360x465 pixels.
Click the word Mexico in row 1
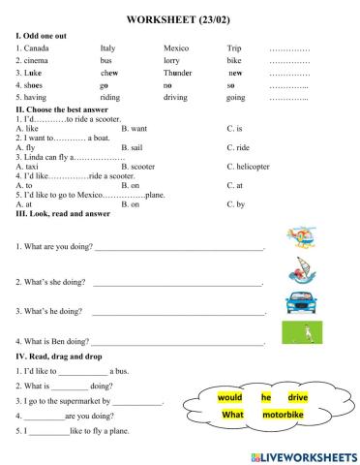[x=176, y=46]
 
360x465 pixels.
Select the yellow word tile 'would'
[x=229, y=397]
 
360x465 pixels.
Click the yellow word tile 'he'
[x=265, y=397]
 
